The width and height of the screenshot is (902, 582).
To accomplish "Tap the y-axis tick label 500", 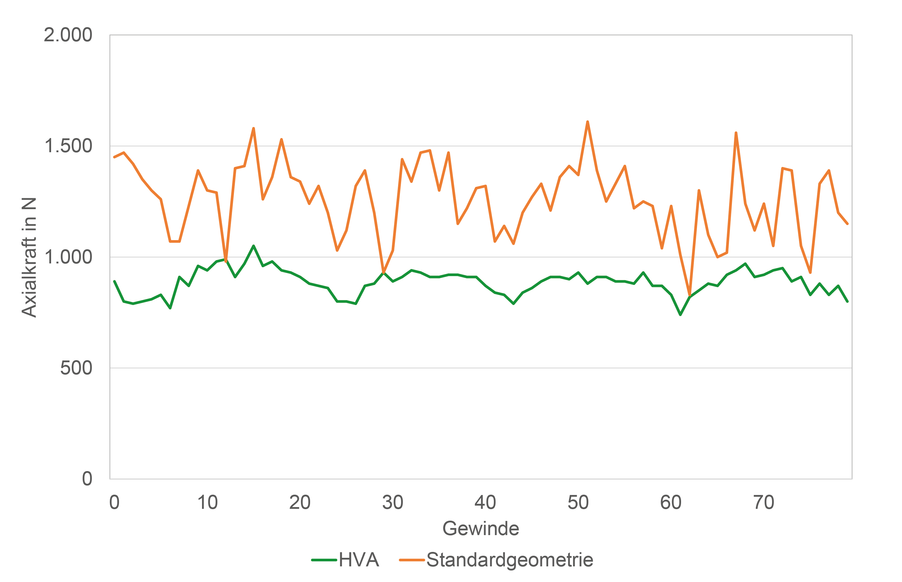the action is [x=76, y=368].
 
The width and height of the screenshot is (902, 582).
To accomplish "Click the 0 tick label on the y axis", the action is [x=87, y=479].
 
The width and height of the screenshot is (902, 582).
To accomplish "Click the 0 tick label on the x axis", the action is [x=114, y=503].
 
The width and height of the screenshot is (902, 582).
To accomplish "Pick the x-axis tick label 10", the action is [x=207, y=503].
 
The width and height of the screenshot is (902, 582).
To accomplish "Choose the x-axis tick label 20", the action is [x=300, y=503].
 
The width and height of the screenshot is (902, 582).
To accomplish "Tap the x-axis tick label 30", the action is [x=393, y=503].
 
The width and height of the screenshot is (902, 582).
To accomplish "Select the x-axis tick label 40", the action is [x=486, y=503].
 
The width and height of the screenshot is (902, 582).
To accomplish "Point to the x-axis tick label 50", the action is [x=578, y=503].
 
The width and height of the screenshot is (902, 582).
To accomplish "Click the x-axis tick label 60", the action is [x=671, y=503].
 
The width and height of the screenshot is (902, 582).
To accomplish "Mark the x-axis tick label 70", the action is [x=764, y=503].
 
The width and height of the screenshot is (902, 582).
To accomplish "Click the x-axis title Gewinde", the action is [x=481, y=529].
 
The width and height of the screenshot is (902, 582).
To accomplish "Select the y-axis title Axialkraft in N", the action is [x=29, y=257].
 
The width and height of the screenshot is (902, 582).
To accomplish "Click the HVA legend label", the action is [x=359, y=560].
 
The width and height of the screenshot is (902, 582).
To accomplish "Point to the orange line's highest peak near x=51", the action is [x=587, y=122].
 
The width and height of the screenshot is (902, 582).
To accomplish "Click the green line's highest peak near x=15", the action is [x=253, y=246].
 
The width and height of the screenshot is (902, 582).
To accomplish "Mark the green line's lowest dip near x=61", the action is [x=680, y=314].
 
